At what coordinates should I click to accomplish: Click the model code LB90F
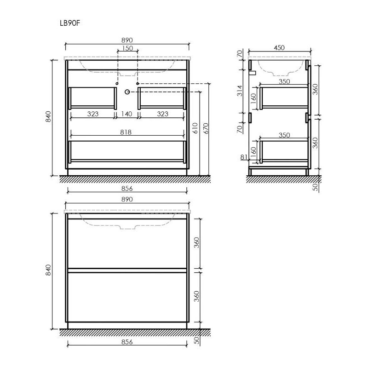point(73,21)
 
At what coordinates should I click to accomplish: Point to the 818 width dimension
point(126,132)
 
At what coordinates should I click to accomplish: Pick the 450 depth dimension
point(280,47)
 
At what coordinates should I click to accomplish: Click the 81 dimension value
point(244,157)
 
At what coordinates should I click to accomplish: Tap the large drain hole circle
point(127,92)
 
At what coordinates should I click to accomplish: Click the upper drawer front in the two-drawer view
point(127,243)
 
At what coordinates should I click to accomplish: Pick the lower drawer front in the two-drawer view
point(127,297)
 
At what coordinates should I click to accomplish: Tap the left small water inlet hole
point(118,83)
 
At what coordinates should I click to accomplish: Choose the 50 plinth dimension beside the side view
point(316,186)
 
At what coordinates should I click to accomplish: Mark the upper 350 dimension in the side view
point(284,81)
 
